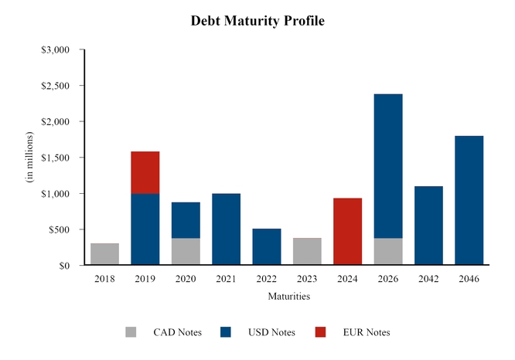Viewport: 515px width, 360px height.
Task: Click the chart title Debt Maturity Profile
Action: [257, 21]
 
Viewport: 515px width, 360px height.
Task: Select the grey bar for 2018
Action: [104, 254]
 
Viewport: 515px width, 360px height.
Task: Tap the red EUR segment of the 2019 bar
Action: [145, 172]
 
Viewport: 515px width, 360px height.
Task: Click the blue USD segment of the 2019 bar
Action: [145, 229]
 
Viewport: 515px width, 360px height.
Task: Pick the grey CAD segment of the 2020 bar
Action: [186, 252]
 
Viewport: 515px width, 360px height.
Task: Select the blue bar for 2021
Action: [226, 229]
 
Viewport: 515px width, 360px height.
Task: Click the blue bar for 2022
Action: [267, 247]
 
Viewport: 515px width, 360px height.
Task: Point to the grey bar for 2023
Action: [307, 252]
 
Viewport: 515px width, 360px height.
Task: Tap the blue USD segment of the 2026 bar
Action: [388, 166]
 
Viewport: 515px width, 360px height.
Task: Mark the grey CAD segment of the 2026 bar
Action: [388, 252]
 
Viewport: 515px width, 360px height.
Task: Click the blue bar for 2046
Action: [469, 201]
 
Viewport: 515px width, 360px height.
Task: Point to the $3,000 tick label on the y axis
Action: [55, 50]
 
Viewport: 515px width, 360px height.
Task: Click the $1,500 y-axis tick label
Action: [55, 158]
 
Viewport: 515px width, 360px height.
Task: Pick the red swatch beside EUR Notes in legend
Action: [320, 332]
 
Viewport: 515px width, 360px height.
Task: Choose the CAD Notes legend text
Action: [177, 332]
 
